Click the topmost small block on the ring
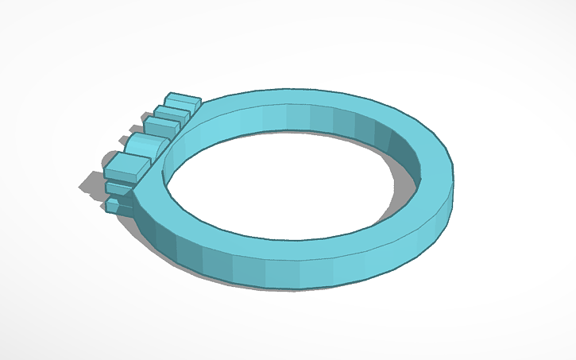pyautogui.click(x=182, y=100)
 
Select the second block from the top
pyautogui.click(x=171, y=113)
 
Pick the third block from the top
pyautogui.click(x=160, y=126)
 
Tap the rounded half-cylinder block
pyautogui.click(x=145, y=145)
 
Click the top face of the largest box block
pyautogui.click(x=127, y=164)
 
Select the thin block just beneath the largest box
pyautogui.click(x=119, y=188)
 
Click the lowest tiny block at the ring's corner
pyautogui.click(x=114, y=206)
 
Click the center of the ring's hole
pyautogui.click(x=278, y=183)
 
